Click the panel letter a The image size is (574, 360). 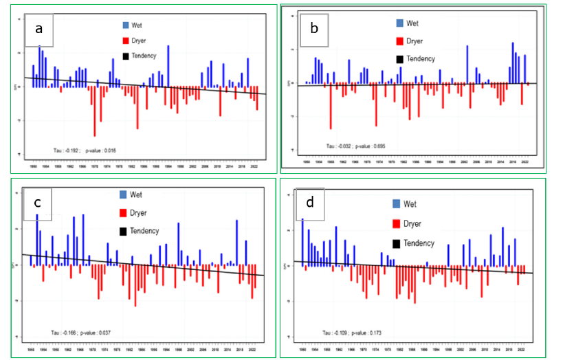[38, 28]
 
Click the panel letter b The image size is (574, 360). [313, 29]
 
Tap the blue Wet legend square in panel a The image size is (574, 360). [124, 24]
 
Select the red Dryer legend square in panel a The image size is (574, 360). [124, 40]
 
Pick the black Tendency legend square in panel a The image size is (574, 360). [124, 56]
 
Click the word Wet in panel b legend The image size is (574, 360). [412, 23]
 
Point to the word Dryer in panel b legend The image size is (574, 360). [415, 41]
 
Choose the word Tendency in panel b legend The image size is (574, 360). [420, 58]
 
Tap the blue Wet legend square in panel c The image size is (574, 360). [124, 194]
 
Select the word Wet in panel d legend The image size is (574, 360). [410, 204]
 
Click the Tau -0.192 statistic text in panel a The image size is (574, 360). [67, 149]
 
